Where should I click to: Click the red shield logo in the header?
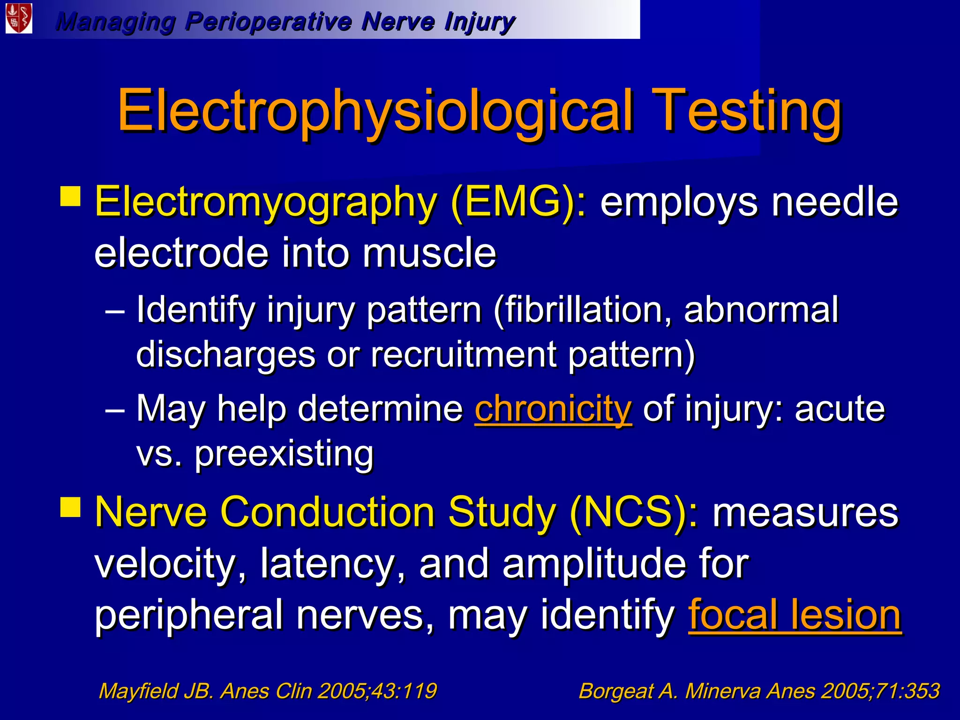(19, 19)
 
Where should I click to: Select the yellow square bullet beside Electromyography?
(70, 196)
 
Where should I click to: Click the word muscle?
(429, 253)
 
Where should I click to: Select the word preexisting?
(284, 454)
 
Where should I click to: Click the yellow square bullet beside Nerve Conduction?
(70, 507)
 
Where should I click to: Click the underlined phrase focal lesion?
(795, 615)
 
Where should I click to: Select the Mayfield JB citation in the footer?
(268, 691)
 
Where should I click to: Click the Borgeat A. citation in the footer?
(759, 691)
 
